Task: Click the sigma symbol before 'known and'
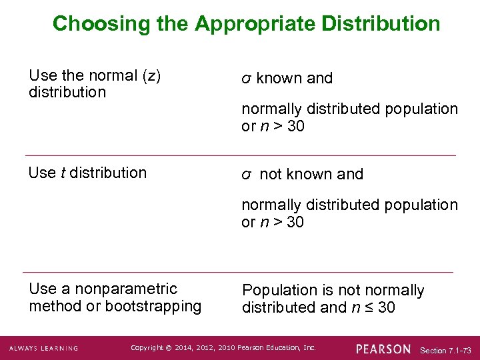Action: coord(245,79)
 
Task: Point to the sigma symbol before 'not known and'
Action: coord(245,175)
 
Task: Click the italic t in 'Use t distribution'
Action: coord(63,173)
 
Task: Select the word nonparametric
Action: coord(126,289)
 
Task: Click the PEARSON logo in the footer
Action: coord(383,349)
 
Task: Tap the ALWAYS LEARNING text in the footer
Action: coord(43,349)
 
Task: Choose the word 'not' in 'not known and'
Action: coord(271,175)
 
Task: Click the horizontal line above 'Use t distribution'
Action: coord(239,156)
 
